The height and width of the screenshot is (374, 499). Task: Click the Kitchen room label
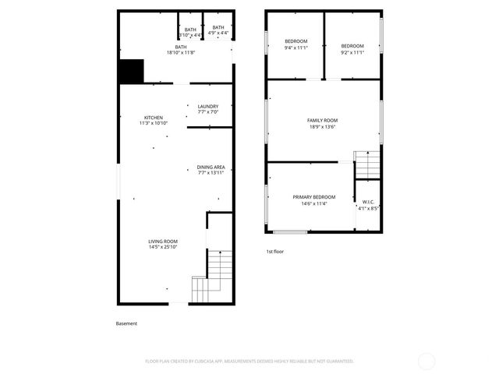pos(153,118)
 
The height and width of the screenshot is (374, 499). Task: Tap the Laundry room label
pos(207,107)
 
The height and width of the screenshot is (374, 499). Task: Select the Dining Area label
pos(211,167)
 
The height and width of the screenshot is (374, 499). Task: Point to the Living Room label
pos(163,242)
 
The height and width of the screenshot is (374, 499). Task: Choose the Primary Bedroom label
pos(313,197)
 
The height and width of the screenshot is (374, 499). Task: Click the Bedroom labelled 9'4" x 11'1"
pos(296,41)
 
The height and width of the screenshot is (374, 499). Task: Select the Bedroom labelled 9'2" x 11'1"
pos(352,46)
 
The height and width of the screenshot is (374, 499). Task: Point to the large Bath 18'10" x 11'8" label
pos(181,47)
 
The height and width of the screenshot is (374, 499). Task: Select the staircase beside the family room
pos(366,164)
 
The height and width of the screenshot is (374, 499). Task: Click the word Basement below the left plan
pos(126,323)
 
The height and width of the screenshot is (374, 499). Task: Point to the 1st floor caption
pos(275,252)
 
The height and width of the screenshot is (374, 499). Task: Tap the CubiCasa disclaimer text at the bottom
pos(249,361)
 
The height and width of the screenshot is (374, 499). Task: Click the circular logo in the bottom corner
pos(426,361)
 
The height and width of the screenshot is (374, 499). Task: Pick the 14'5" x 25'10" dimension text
pos(163,247)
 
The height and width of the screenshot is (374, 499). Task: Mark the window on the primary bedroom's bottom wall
pos(290,231)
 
